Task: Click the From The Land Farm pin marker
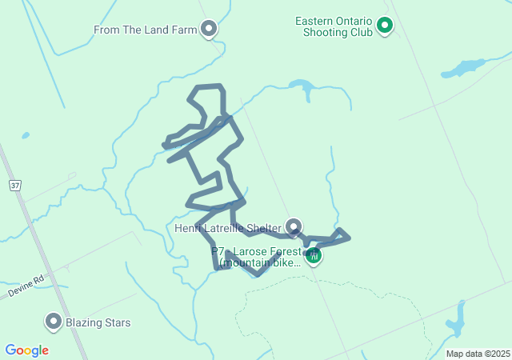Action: [x=209, y=29]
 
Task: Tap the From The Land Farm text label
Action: [x=145, y=30]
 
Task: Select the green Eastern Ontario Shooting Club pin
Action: [x=385, y=26]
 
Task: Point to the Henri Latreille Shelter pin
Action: [x=294, y=226]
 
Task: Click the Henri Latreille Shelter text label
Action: [x=227, y=228]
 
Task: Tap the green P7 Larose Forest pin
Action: [x=314, y=256]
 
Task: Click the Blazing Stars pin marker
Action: [x=54, y=322]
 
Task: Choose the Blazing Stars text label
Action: [x=98, y=323]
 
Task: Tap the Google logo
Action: [x=26, y=350]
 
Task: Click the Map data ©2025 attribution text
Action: [x=478, y=354]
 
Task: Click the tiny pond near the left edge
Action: [x=26, y=135]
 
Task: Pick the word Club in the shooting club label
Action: [x=360, y=33]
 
